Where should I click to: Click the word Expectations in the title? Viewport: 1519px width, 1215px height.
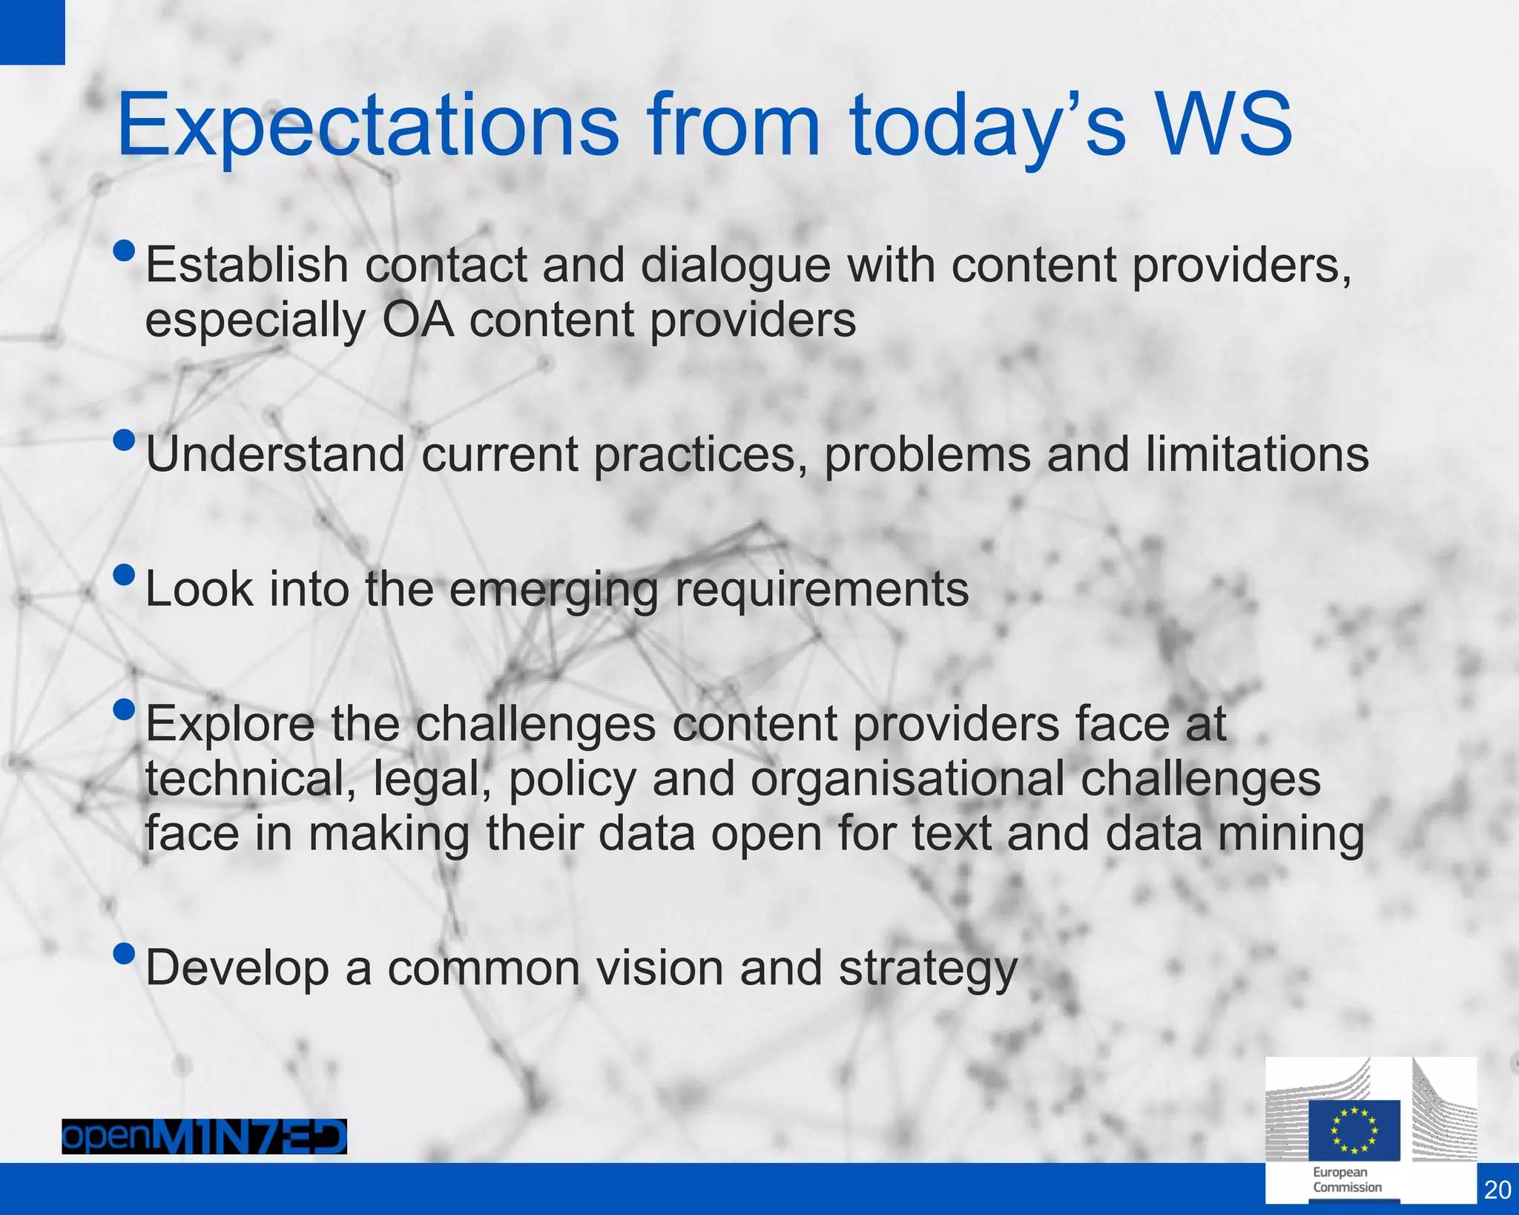tap(367, 126)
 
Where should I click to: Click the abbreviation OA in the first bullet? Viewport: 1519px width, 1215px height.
tap(418, 320)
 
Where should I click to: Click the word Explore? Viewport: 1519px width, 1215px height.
tap(230, 725)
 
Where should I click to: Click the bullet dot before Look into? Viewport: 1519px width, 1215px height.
tap(125, 575)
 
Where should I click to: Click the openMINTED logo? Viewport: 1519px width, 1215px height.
tap(204, 1136)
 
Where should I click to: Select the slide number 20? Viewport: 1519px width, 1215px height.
tap(1497, 1190)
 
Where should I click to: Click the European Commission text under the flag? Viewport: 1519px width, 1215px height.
tap(1347, 1180)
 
